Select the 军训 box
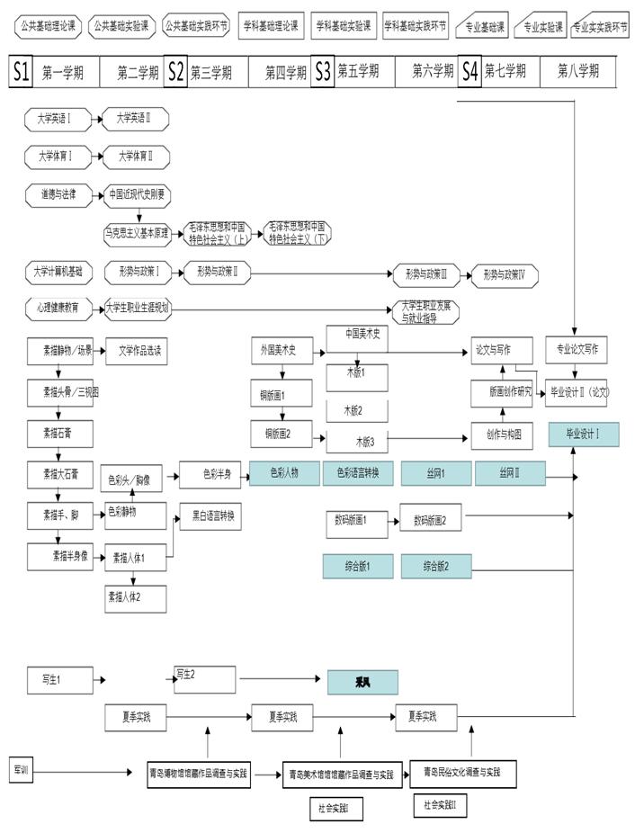pos(22,771)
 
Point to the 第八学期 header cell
pos(578,72)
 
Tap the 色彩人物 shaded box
pos(285,473)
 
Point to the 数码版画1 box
pos(356,520)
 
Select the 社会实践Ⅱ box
pos(441,804)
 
